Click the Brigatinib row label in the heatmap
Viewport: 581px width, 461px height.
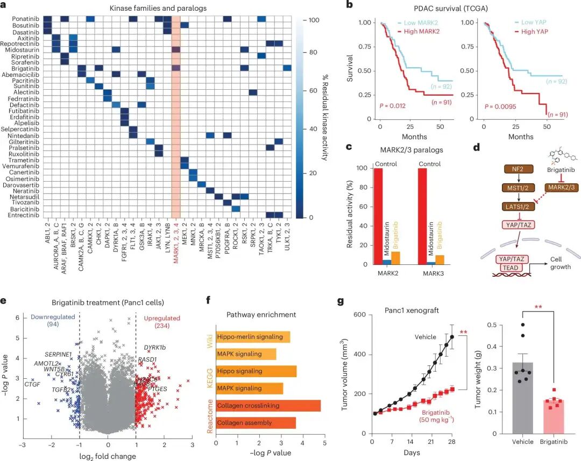24,69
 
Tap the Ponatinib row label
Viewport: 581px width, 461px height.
24,19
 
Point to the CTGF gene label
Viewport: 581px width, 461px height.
32,384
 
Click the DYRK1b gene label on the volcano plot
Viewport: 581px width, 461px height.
154,348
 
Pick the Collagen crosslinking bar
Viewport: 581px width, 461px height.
268,405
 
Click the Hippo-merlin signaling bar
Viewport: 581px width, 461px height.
253,337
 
